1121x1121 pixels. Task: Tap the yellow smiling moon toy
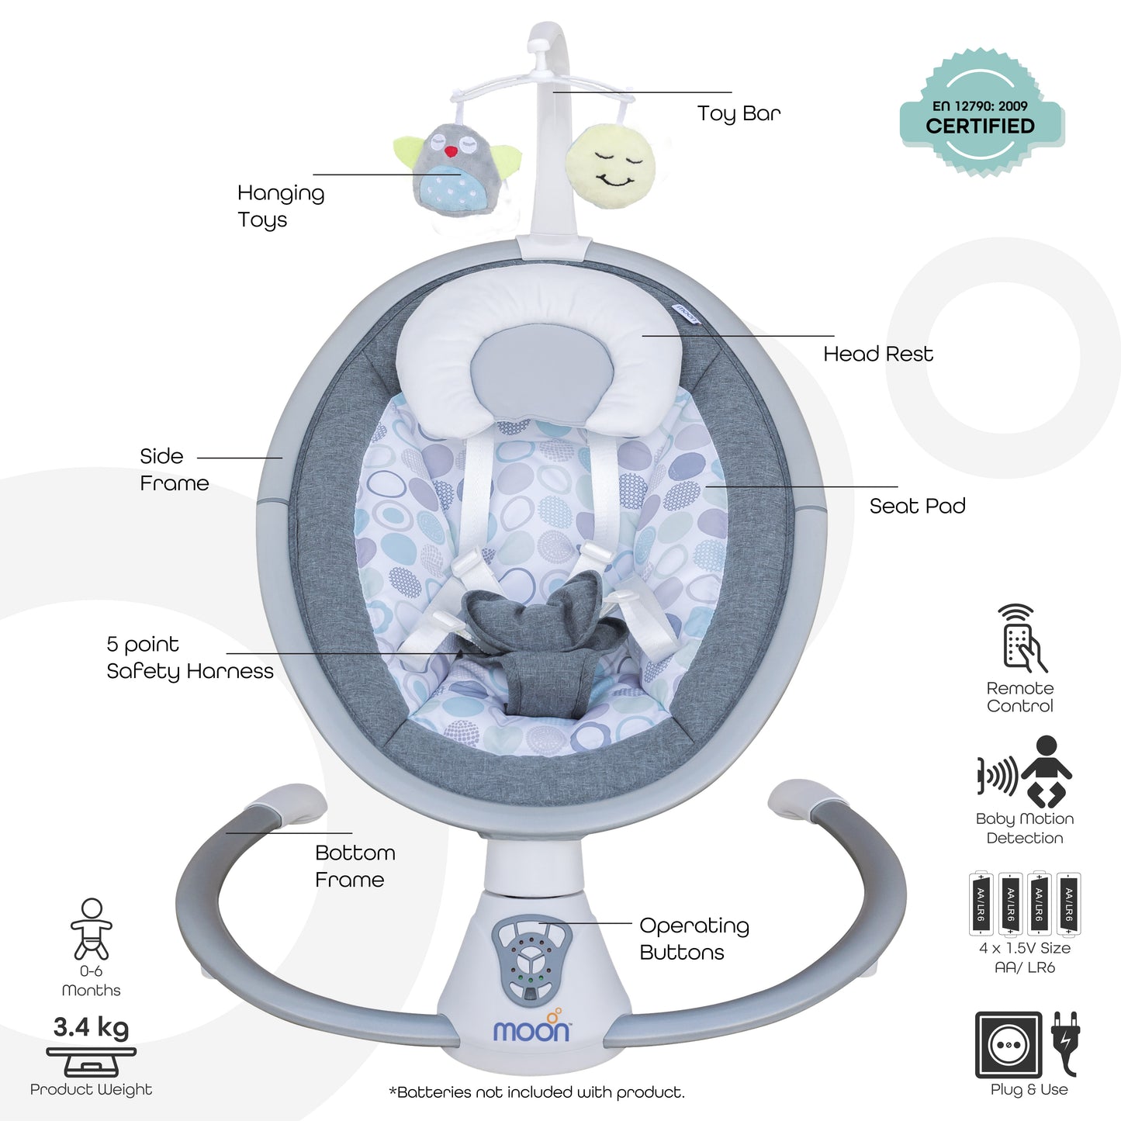coord(611,167)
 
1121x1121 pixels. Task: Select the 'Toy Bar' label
coord(739,114)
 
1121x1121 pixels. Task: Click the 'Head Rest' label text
coord(878,354)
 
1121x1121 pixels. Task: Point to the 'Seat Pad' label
coord(918,506)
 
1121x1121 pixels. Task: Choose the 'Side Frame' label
coord(174,469)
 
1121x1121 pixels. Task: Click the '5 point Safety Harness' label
coord(189,657)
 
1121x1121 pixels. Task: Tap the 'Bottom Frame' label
coord(355,867)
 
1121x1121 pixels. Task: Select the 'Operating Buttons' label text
coord(694,939)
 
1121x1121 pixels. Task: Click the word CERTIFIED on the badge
coord(981,126)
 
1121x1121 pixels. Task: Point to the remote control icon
coord(1022,638)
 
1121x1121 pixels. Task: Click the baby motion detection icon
coord(1025,772)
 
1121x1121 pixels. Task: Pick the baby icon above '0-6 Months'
coord(92,929)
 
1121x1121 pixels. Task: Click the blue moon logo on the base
coord(531,1030)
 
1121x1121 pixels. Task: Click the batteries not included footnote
coord(536,1092)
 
